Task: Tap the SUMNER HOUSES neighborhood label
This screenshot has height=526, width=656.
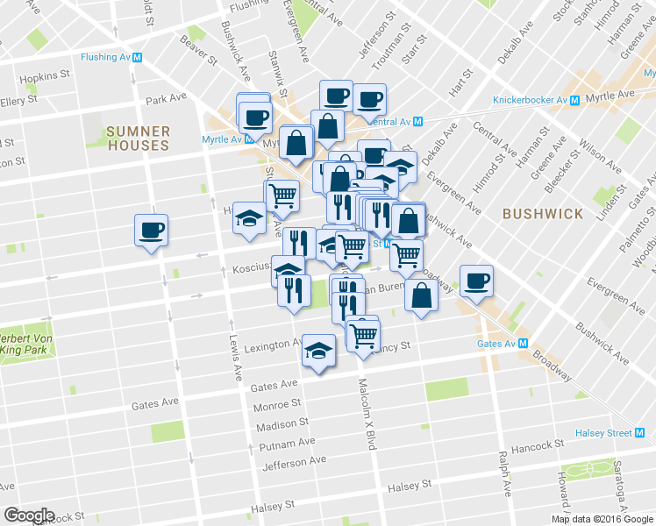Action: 137,139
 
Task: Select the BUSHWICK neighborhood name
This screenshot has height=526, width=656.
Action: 543,214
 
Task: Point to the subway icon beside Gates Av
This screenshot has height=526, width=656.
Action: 523,344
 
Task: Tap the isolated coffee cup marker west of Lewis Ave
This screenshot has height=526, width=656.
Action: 152,231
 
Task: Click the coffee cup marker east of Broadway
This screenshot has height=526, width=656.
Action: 476,281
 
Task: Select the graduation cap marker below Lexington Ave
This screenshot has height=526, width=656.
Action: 318,352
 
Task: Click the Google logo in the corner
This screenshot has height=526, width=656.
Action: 29,515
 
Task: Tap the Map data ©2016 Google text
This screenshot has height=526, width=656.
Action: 601,518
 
